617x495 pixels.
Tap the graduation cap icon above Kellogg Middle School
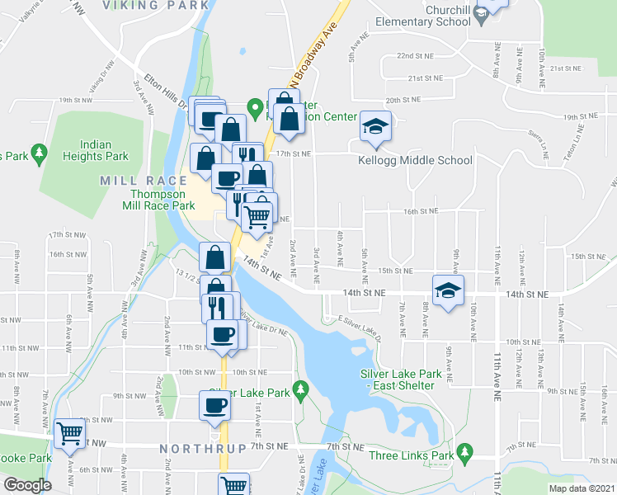point(375,127)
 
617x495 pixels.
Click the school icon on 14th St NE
point(449,290)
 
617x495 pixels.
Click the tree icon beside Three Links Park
point(465,450)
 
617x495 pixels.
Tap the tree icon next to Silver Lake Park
point(301,387)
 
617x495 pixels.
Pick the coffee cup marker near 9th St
point(214,404)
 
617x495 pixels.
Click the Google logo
point(27,485)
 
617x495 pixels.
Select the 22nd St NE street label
point(416,56)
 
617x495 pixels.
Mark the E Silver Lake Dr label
point(353,324)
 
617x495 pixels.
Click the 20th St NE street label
point(404,100)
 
